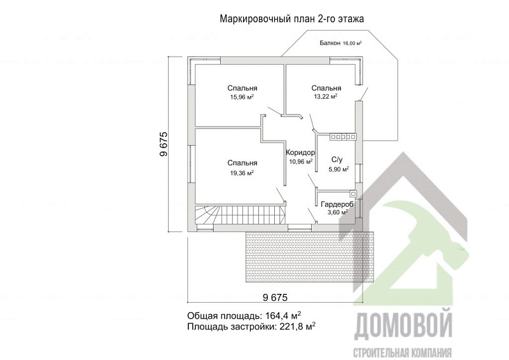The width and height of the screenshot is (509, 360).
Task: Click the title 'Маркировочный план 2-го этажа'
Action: coord(291,19)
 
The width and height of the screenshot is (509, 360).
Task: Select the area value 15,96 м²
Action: coord(242,97)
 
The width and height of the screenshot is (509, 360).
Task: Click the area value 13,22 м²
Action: coord(325,97)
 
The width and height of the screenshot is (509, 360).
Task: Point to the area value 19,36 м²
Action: coord(242,172)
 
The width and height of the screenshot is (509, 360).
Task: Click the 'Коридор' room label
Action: coord(300,153)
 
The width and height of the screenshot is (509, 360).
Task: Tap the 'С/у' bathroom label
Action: coord(338,160)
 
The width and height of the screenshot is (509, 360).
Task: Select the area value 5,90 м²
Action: coord(338,170)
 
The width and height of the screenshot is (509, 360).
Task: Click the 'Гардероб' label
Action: coord(337,204)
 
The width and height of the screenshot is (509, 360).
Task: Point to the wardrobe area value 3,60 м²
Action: coord(337,212)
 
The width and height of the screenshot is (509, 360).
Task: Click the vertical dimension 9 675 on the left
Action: coord(164,144)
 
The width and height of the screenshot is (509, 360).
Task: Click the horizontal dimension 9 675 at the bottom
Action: coord(275,297)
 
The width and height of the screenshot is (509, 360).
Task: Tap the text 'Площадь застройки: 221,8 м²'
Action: coord(251,326)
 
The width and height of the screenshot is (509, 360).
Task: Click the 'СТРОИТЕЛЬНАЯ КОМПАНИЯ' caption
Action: coord(402,352)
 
